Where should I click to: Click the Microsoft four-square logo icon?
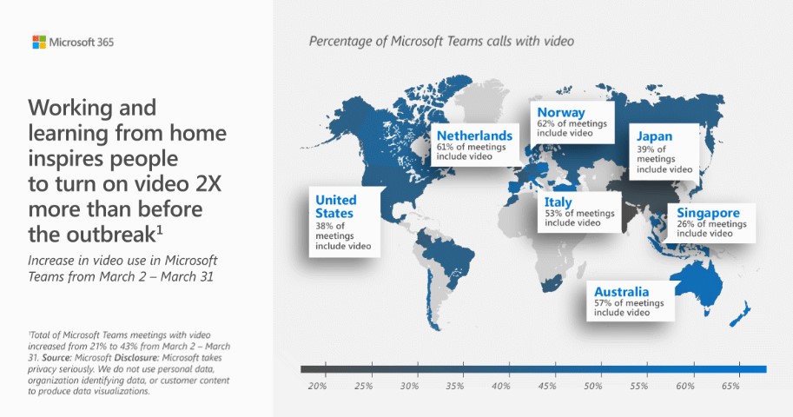coord(39,42)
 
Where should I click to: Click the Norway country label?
coord(561,112)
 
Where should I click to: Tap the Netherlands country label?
coord(474,136)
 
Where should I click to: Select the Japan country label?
coord(654,136)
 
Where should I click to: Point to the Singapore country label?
coord(708,213)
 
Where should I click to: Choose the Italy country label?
coord(558,202)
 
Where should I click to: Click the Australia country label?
coord(621,292)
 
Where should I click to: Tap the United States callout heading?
coord(336,207)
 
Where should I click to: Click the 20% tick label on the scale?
coord(317,386)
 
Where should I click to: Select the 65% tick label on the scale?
coord(730,386)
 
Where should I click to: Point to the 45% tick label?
coord(546,386)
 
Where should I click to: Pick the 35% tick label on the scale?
coord(454,386)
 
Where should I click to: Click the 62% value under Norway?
coord(545,123)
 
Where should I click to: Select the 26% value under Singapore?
coord(686,223)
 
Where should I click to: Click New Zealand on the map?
coord(740,314)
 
